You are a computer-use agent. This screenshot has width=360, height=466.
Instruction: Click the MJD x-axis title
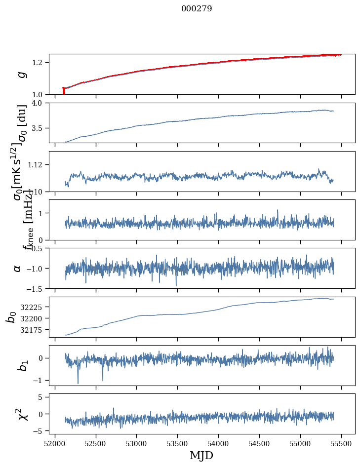coord(201,456)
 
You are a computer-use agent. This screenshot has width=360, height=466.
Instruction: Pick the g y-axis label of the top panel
coord(21,75)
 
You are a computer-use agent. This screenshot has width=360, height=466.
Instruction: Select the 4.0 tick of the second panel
coord(39,103)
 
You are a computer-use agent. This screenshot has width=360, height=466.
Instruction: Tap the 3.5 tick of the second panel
coord(39,128)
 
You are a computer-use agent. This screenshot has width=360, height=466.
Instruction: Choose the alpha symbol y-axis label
coord(17,268)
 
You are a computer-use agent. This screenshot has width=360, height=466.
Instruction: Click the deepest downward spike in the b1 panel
coord(78,383)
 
